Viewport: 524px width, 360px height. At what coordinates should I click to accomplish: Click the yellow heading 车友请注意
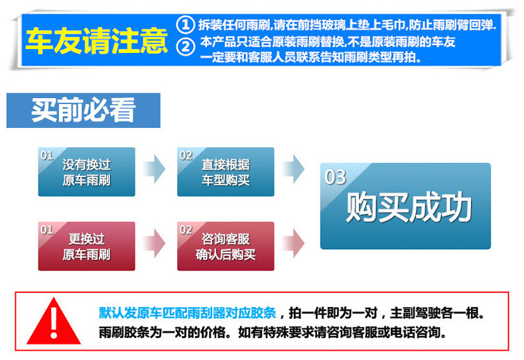[97, 41]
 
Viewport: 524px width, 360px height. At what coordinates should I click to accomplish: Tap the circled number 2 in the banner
[187, 46]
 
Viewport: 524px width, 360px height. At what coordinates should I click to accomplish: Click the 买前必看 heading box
[84, 110]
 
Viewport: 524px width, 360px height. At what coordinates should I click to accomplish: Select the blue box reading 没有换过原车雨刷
[86, 172]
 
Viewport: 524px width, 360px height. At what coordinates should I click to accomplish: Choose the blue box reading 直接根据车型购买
[226, 172]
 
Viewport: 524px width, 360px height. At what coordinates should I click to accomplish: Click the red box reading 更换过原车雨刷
[86, 246]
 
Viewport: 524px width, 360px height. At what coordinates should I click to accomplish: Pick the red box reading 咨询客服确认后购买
[226, 246]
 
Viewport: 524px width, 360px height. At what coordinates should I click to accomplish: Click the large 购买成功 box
[405, 206]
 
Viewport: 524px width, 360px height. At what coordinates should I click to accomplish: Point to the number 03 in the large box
[336, 177]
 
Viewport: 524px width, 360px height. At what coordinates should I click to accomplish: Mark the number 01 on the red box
[46, 229]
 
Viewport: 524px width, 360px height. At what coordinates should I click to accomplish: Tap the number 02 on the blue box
[186, 156]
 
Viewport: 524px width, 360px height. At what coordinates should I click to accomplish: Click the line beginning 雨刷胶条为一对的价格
[272, 332]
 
